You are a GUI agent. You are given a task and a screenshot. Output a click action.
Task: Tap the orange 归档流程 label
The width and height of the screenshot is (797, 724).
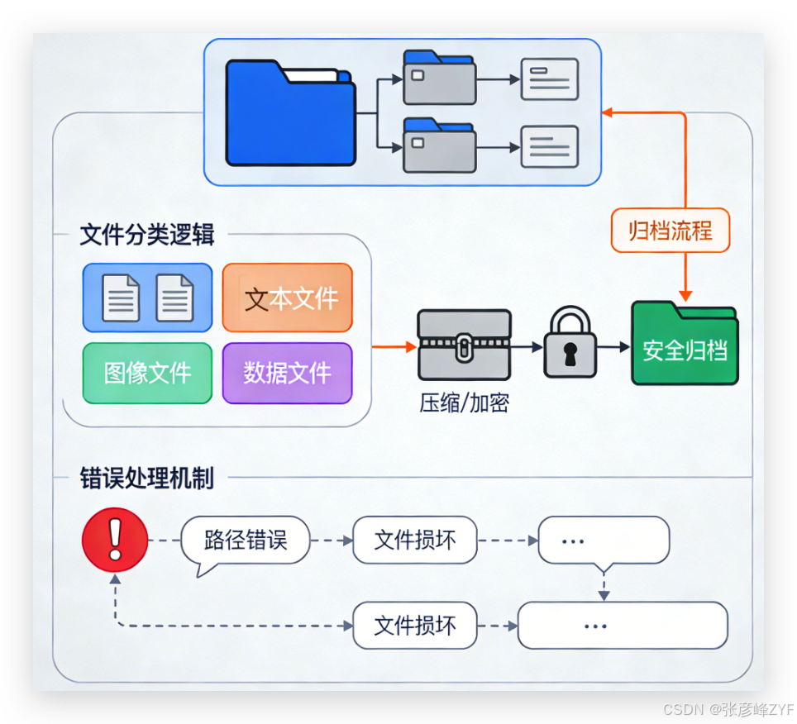670,230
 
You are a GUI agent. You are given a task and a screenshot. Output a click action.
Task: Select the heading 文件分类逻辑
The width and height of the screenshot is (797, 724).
147,235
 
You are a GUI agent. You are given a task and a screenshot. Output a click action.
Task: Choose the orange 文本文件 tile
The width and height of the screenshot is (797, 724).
288,298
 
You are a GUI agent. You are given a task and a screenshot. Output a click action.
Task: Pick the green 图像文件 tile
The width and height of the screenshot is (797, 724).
147,373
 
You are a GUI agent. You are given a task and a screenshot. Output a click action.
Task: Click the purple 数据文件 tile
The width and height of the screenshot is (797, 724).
288,373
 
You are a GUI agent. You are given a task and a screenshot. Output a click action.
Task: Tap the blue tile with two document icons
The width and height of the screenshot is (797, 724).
147,298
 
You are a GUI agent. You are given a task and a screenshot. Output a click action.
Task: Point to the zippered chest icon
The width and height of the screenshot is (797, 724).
464,345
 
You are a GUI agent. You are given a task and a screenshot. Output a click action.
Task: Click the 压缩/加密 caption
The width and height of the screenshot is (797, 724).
464,402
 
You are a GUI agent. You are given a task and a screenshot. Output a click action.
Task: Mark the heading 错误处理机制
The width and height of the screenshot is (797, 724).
147,478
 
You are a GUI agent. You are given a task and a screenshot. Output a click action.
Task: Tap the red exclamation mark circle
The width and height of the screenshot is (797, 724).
115,540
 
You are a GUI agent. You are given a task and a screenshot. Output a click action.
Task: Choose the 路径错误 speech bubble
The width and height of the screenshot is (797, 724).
246,541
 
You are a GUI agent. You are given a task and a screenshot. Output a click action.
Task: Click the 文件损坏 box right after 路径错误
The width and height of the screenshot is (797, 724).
415,541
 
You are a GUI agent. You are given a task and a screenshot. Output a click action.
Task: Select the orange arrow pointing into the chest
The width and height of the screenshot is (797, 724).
394,347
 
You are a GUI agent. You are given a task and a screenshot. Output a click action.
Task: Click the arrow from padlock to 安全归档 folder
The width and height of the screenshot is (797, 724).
613,347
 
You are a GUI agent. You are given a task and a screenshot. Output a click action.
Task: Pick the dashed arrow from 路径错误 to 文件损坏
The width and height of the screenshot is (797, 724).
332,541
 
